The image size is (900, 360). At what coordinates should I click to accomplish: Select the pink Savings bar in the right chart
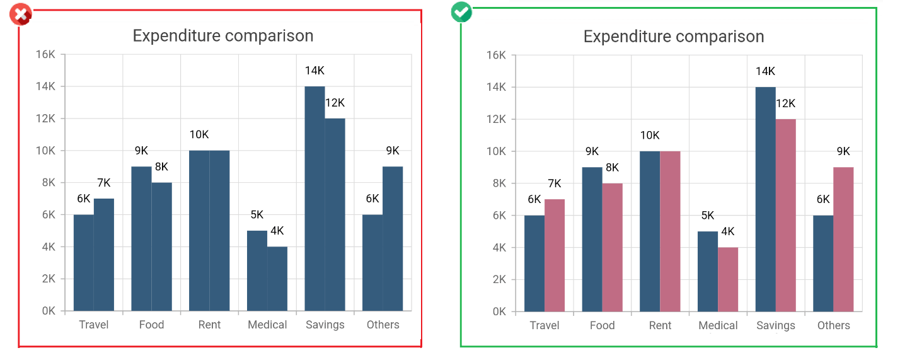(x=786, y=215)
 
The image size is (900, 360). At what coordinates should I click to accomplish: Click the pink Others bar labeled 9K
(x=843, y=239)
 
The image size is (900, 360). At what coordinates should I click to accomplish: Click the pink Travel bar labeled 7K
(x=555, y=255)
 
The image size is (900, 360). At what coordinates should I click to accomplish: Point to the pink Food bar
(x=612, y=247)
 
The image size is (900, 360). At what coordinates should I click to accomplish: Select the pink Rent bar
(x=670, y=231)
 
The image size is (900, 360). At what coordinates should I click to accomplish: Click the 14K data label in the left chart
(x=314, y=71)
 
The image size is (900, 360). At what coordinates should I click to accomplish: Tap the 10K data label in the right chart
(x=650, y=136)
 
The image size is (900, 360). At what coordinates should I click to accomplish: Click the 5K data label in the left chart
(x=257, y=214)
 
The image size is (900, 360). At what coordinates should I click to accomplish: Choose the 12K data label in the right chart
(x=785, y=103)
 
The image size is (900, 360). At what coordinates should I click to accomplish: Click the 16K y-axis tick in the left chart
(x=46, y=55)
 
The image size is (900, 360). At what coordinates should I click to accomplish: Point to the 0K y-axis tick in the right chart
(x=497, y=311)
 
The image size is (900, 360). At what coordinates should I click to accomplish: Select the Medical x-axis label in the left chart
(x=267, y=325)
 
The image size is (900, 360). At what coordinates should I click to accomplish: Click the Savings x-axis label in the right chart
(x=775, y=325)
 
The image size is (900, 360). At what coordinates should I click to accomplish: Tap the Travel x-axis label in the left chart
(x=94, y=325)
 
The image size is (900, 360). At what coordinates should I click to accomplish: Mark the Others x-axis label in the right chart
(x=833, y=325)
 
